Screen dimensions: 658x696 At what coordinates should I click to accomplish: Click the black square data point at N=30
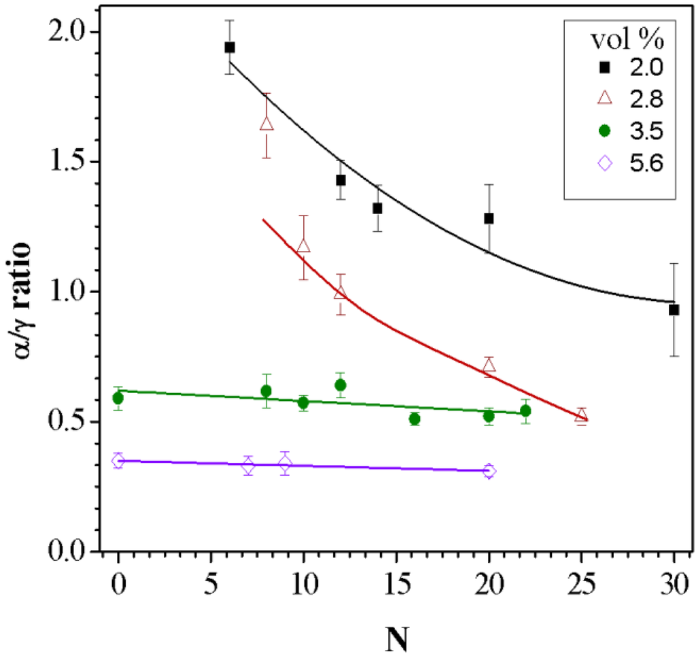674,309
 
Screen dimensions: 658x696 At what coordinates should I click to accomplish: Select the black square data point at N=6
230,47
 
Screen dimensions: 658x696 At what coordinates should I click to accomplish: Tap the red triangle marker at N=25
581,415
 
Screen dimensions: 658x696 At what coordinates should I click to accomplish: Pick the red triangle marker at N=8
267,124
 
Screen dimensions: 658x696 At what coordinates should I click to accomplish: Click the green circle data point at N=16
415,419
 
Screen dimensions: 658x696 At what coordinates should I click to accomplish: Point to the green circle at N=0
118,398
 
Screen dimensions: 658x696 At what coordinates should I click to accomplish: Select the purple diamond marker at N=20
489,471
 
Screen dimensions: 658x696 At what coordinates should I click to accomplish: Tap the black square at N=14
377,208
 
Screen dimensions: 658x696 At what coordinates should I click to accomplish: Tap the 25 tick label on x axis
581,583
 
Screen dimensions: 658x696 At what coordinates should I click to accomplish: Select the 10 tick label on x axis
303,583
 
